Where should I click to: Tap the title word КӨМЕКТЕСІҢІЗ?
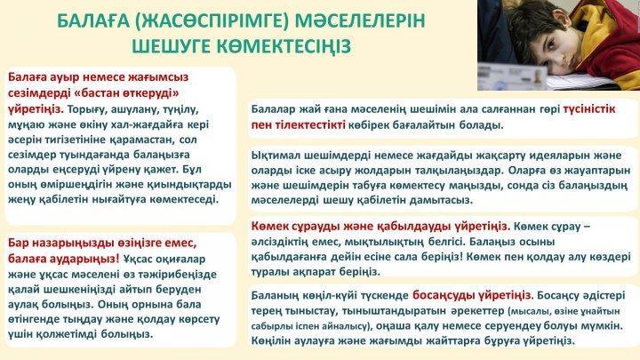click(284, 46)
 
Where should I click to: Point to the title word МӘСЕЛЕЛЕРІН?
click(360, 20)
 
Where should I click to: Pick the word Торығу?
click(84, 109)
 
